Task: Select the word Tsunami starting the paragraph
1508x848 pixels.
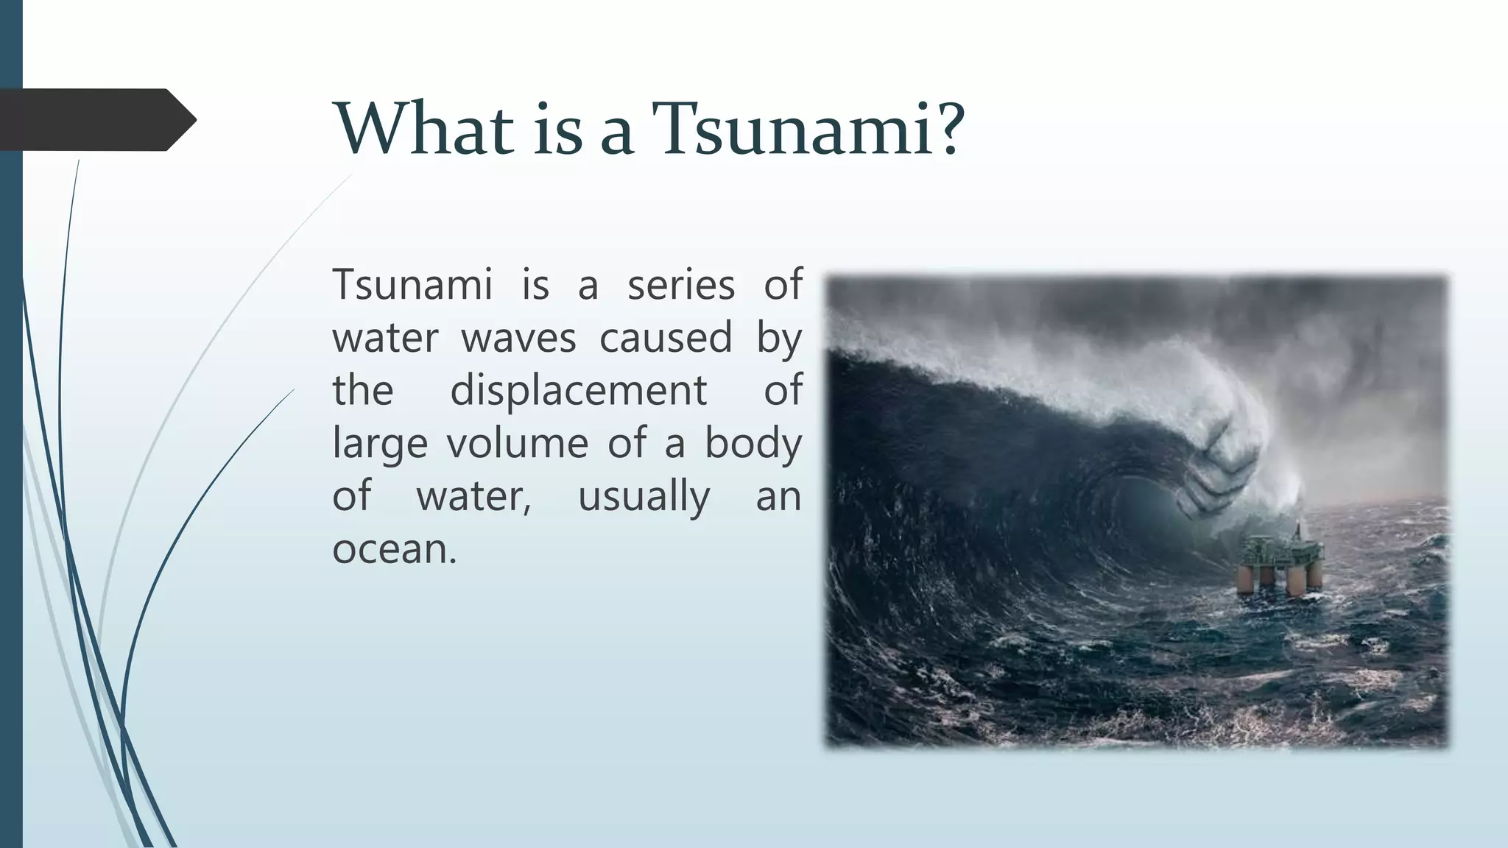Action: coord(412,285)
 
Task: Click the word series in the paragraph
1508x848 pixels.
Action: coord(680,285)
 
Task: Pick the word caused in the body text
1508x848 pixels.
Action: coord(666,338)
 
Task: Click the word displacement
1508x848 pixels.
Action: coord(578,390)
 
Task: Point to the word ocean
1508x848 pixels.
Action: coord(394,549)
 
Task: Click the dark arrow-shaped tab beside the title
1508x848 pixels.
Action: coord(96,120)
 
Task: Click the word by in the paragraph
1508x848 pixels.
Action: coord(779,339)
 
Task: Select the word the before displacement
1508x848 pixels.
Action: coord(362,390)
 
